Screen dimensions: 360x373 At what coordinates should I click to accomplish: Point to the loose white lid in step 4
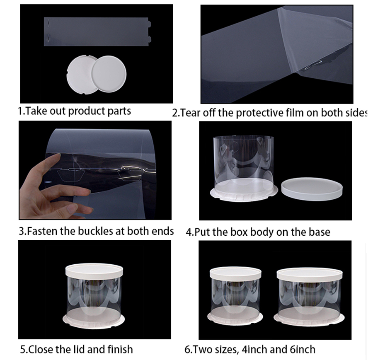(312, 188)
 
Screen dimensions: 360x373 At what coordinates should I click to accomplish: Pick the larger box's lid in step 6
(309, 273)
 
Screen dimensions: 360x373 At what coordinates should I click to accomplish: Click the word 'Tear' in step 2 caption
(191, 113)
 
